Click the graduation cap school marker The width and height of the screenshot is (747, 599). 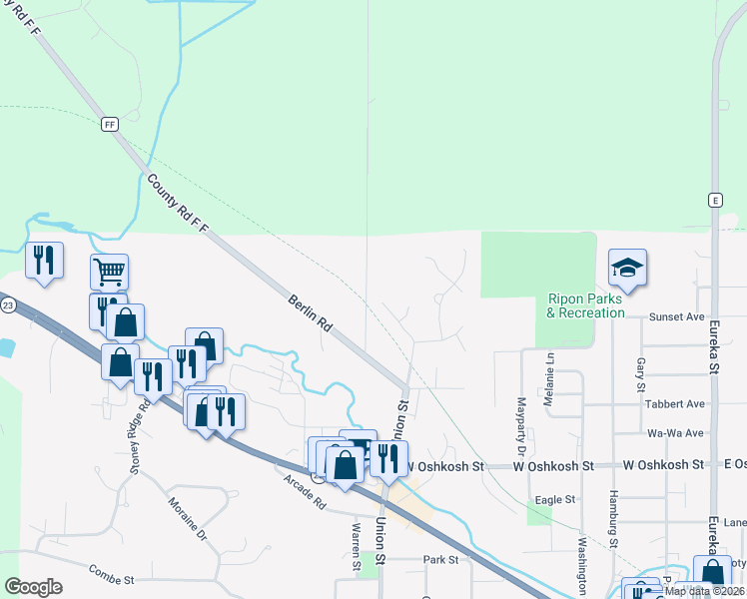[627, 268]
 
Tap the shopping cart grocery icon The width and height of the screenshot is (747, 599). [109, 270]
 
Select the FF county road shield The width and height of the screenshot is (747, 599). [110, 124]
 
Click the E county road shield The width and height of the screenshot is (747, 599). [715, 200]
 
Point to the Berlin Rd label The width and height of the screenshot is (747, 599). [310, 312]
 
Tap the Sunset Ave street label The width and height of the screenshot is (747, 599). [677, 316]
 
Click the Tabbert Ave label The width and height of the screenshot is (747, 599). [676, 404]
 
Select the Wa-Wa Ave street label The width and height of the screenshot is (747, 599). [676, 433]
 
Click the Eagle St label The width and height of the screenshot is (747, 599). [556, 499]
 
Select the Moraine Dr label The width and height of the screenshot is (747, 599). [187, 519]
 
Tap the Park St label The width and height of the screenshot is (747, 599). [439, 560]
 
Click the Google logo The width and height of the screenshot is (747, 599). [33, 587]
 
